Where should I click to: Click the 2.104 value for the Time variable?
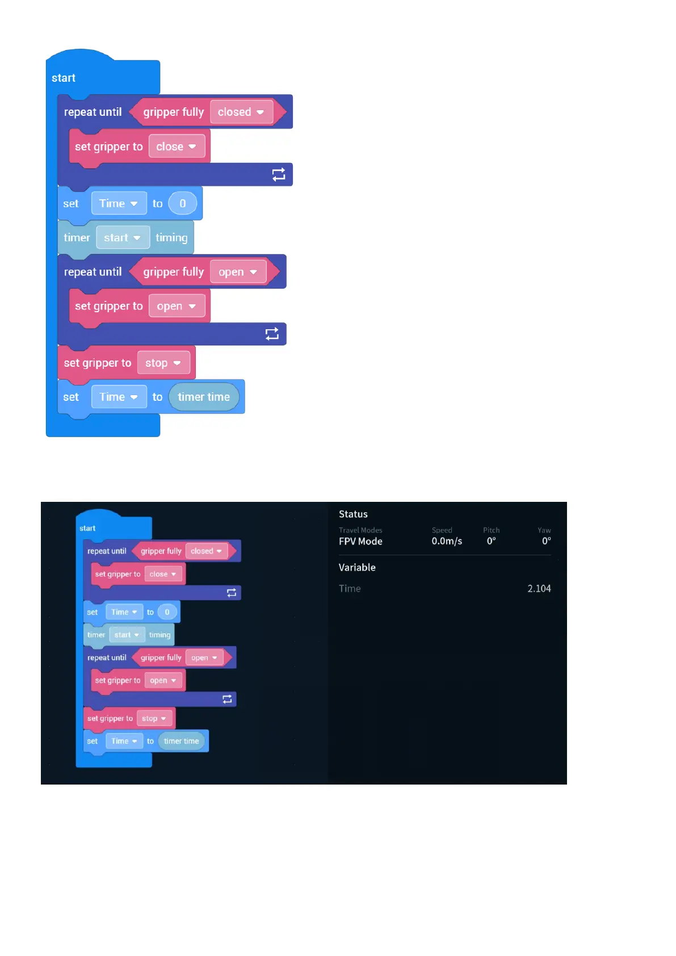coord(539,589)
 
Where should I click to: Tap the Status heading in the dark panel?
coord(353,514)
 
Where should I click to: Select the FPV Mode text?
coord(360,542)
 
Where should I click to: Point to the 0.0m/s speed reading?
coord(447,542)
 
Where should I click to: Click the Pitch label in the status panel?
coord(491,530)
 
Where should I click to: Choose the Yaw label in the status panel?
coord(544,530)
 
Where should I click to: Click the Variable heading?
coord(357,568)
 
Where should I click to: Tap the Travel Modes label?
coord(360,530)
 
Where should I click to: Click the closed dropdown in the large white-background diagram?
coord(241,112)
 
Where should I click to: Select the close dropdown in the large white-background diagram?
coord(176,146)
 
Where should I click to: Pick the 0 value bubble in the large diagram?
coord(183,203)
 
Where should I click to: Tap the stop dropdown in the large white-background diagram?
coord(162,363)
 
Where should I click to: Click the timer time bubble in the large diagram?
coord(204,397)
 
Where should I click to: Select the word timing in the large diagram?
coord(171,238)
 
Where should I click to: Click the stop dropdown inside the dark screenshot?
coord(154,718)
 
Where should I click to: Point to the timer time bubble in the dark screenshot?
coord(181,741)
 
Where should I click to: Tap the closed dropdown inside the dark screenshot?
coord(206,551)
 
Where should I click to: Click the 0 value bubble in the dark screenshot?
coord(167,612)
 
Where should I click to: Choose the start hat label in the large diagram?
coord(64,78)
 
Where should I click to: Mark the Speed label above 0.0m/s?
coord(442,530)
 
